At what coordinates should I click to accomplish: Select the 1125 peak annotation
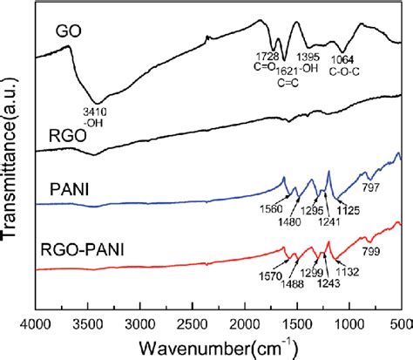[x=349, y=211]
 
